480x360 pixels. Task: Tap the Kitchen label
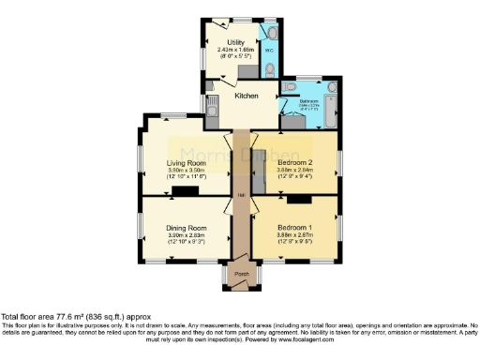pyautogui.click(x=247, y=96)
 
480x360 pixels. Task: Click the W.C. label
pyautogui.click(x=267, y=50)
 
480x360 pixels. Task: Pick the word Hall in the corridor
pyautogui.click(x=241, y=194)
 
